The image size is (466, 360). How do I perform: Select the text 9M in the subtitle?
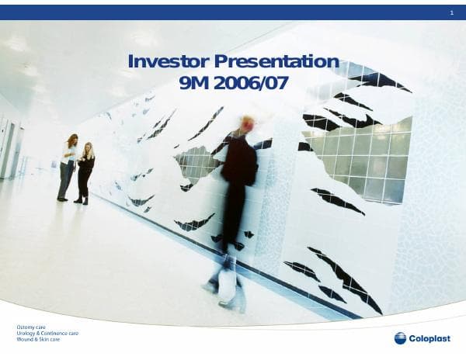tap(195, 83)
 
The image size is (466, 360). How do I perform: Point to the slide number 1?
tap(451, 13)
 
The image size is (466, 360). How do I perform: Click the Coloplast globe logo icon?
tap(400, 337)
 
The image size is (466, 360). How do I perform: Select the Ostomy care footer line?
tap(31, 327)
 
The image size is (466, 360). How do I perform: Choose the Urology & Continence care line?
tap(47, 334)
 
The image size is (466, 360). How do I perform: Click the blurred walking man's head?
tap(248, 124)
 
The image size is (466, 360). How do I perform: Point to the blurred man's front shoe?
tap(231, 303)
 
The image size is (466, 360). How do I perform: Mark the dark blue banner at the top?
tap(233, 12)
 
